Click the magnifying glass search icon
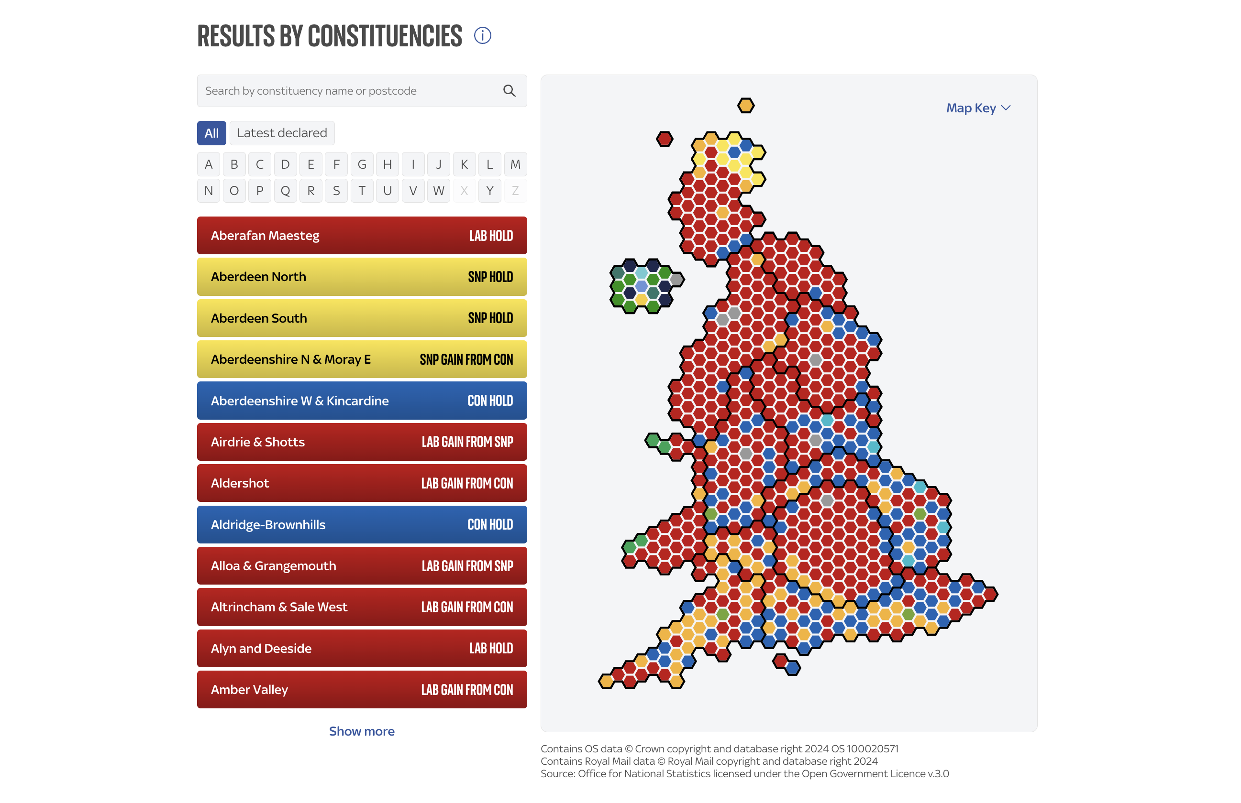click(509, 91)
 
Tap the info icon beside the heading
click(482, 35)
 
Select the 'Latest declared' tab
click(282, 133)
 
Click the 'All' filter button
click(211, 133)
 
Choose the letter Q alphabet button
click(285, 191)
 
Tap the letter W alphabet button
click(439, 191)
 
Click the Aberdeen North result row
click(361, 277)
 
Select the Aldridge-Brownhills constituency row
click(361, 524)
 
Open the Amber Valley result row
click(361, 689)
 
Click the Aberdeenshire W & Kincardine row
click(361, 401)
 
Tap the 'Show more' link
click(361, 731)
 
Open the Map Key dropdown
click(978, 108)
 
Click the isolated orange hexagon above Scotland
click(746, 106)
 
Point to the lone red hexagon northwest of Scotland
click(665, 139)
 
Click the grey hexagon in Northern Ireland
click(676, 279)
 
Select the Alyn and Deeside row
click(361, 648)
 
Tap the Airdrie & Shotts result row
click(361, 442)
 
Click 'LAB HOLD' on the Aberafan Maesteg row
click(491, 236)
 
